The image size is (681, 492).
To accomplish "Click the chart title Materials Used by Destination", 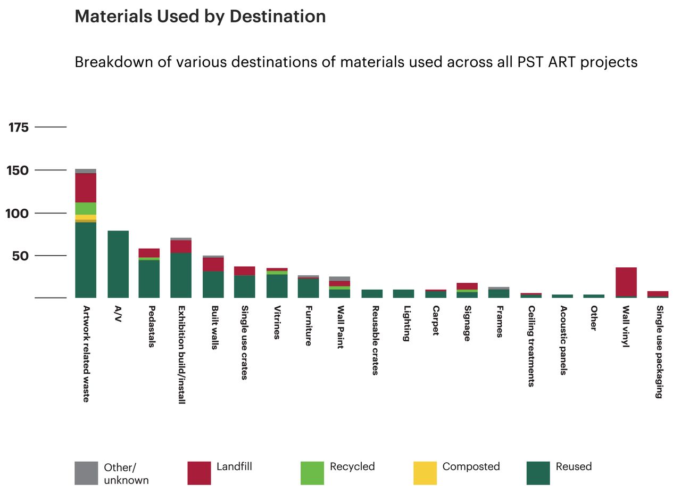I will tap(200, 17).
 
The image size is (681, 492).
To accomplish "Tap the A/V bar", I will tap(118, 264).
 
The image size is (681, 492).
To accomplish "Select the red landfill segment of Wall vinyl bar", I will tap(626, 282).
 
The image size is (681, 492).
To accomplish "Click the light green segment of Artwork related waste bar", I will tap(86, 208).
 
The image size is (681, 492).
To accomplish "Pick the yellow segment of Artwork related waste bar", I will tap(86, 217).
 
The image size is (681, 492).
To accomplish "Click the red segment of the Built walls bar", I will tap(213, 264).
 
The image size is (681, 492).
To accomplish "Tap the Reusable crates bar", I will tap(372, 293).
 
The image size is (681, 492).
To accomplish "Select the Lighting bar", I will tap(403, 293).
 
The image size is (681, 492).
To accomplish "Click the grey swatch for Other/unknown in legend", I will tap(86, 473).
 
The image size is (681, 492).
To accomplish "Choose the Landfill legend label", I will tap(234, 467).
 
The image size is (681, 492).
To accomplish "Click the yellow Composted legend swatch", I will tap(425, 473).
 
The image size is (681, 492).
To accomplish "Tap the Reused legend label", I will tap(574, 467).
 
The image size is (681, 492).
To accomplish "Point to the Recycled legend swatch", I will tap(312, 473).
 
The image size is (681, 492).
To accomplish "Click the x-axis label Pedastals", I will tap(152, 326).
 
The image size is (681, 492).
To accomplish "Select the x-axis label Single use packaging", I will tap(659, 351).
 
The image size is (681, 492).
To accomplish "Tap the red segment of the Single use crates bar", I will tap(245, 270).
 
